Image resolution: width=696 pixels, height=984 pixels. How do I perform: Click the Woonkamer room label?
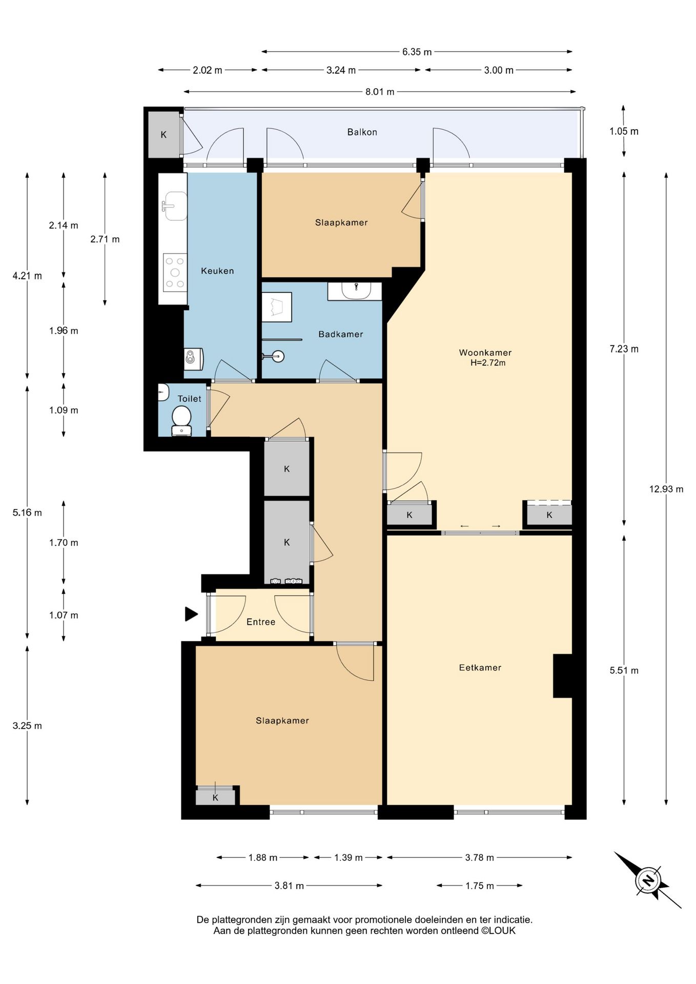click(x=485, y=353)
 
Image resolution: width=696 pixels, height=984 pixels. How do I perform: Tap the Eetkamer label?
click(x=480, y=667)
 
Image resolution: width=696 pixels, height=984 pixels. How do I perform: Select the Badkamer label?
click(x=340, y=334)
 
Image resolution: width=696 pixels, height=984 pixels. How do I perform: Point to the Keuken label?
click(x=217, y=271)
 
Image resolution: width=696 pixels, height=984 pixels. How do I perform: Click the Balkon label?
click(x=362, y=132)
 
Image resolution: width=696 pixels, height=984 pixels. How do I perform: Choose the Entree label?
click(x=261, y=622)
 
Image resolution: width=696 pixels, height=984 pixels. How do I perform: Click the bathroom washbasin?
click(x=356, y=291)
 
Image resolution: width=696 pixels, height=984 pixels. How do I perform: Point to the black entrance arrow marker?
click(x=191, y=614)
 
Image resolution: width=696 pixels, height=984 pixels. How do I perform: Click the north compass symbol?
click(x=648, y=880)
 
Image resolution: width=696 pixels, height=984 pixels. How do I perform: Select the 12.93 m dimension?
click(x=666, y=489)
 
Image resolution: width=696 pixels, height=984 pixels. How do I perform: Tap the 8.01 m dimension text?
click(x=380, y=92)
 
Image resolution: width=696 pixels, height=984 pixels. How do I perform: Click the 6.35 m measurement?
click(x=417, y=52)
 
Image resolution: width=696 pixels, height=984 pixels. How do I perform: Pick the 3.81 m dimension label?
click(x=289, y=886)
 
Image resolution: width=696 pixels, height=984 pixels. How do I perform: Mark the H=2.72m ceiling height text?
click(x=488, y=363)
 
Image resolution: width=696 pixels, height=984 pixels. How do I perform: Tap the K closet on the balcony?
click(x=163, y=135)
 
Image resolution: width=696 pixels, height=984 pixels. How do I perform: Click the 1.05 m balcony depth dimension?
click(x=624, y=131)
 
